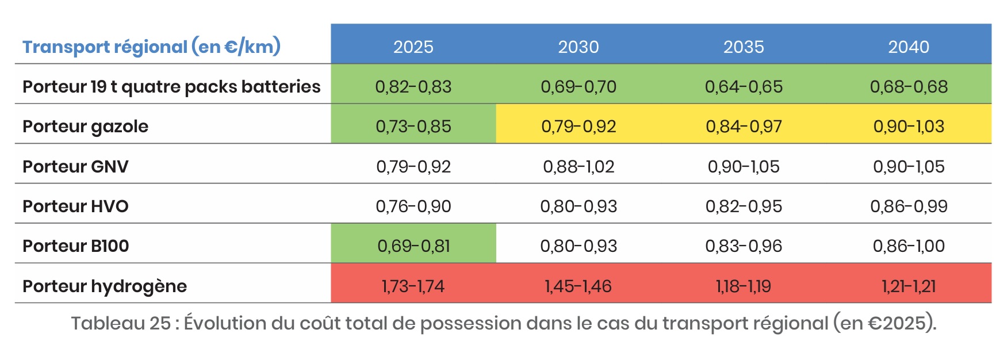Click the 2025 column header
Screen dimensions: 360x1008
click(x=413, y=47)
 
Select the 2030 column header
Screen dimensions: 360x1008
click(x=578, y=47)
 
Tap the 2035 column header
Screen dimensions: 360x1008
click(x=743, y=47)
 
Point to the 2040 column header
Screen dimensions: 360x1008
click(x=909, y=47)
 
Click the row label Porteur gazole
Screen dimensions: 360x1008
click(x=85, y=127)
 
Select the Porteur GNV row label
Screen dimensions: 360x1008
click(x=75, y=167)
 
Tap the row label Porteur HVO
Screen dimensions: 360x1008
click(x=75, y=206)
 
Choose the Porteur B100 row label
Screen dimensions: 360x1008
click(x=75, y=246)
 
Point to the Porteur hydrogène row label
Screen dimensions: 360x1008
click(x=105, y=286)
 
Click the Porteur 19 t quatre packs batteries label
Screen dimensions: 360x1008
click(x=171, y=87)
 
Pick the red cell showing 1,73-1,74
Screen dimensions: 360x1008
click(x=413, y=286)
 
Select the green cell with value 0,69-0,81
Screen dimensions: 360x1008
click(x=413, y=246)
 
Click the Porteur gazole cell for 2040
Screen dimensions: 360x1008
click(x=909, y=127)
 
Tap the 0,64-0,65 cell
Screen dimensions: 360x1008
click(x=743, y=87)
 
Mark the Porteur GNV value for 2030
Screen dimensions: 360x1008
click(x=578, y=167)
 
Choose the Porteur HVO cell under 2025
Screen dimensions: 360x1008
click(x=413, y=206)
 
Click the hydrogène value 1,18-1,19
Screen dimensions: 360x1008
click(x=743, y=286)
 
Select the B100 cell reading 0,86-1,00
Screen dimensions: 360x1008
click(x=909, y=246)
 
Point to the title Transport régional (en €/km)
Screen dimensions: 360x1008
click(x=151, y=47)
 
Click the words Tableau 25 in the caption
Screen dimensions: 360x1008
click(x=121, y=323)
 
